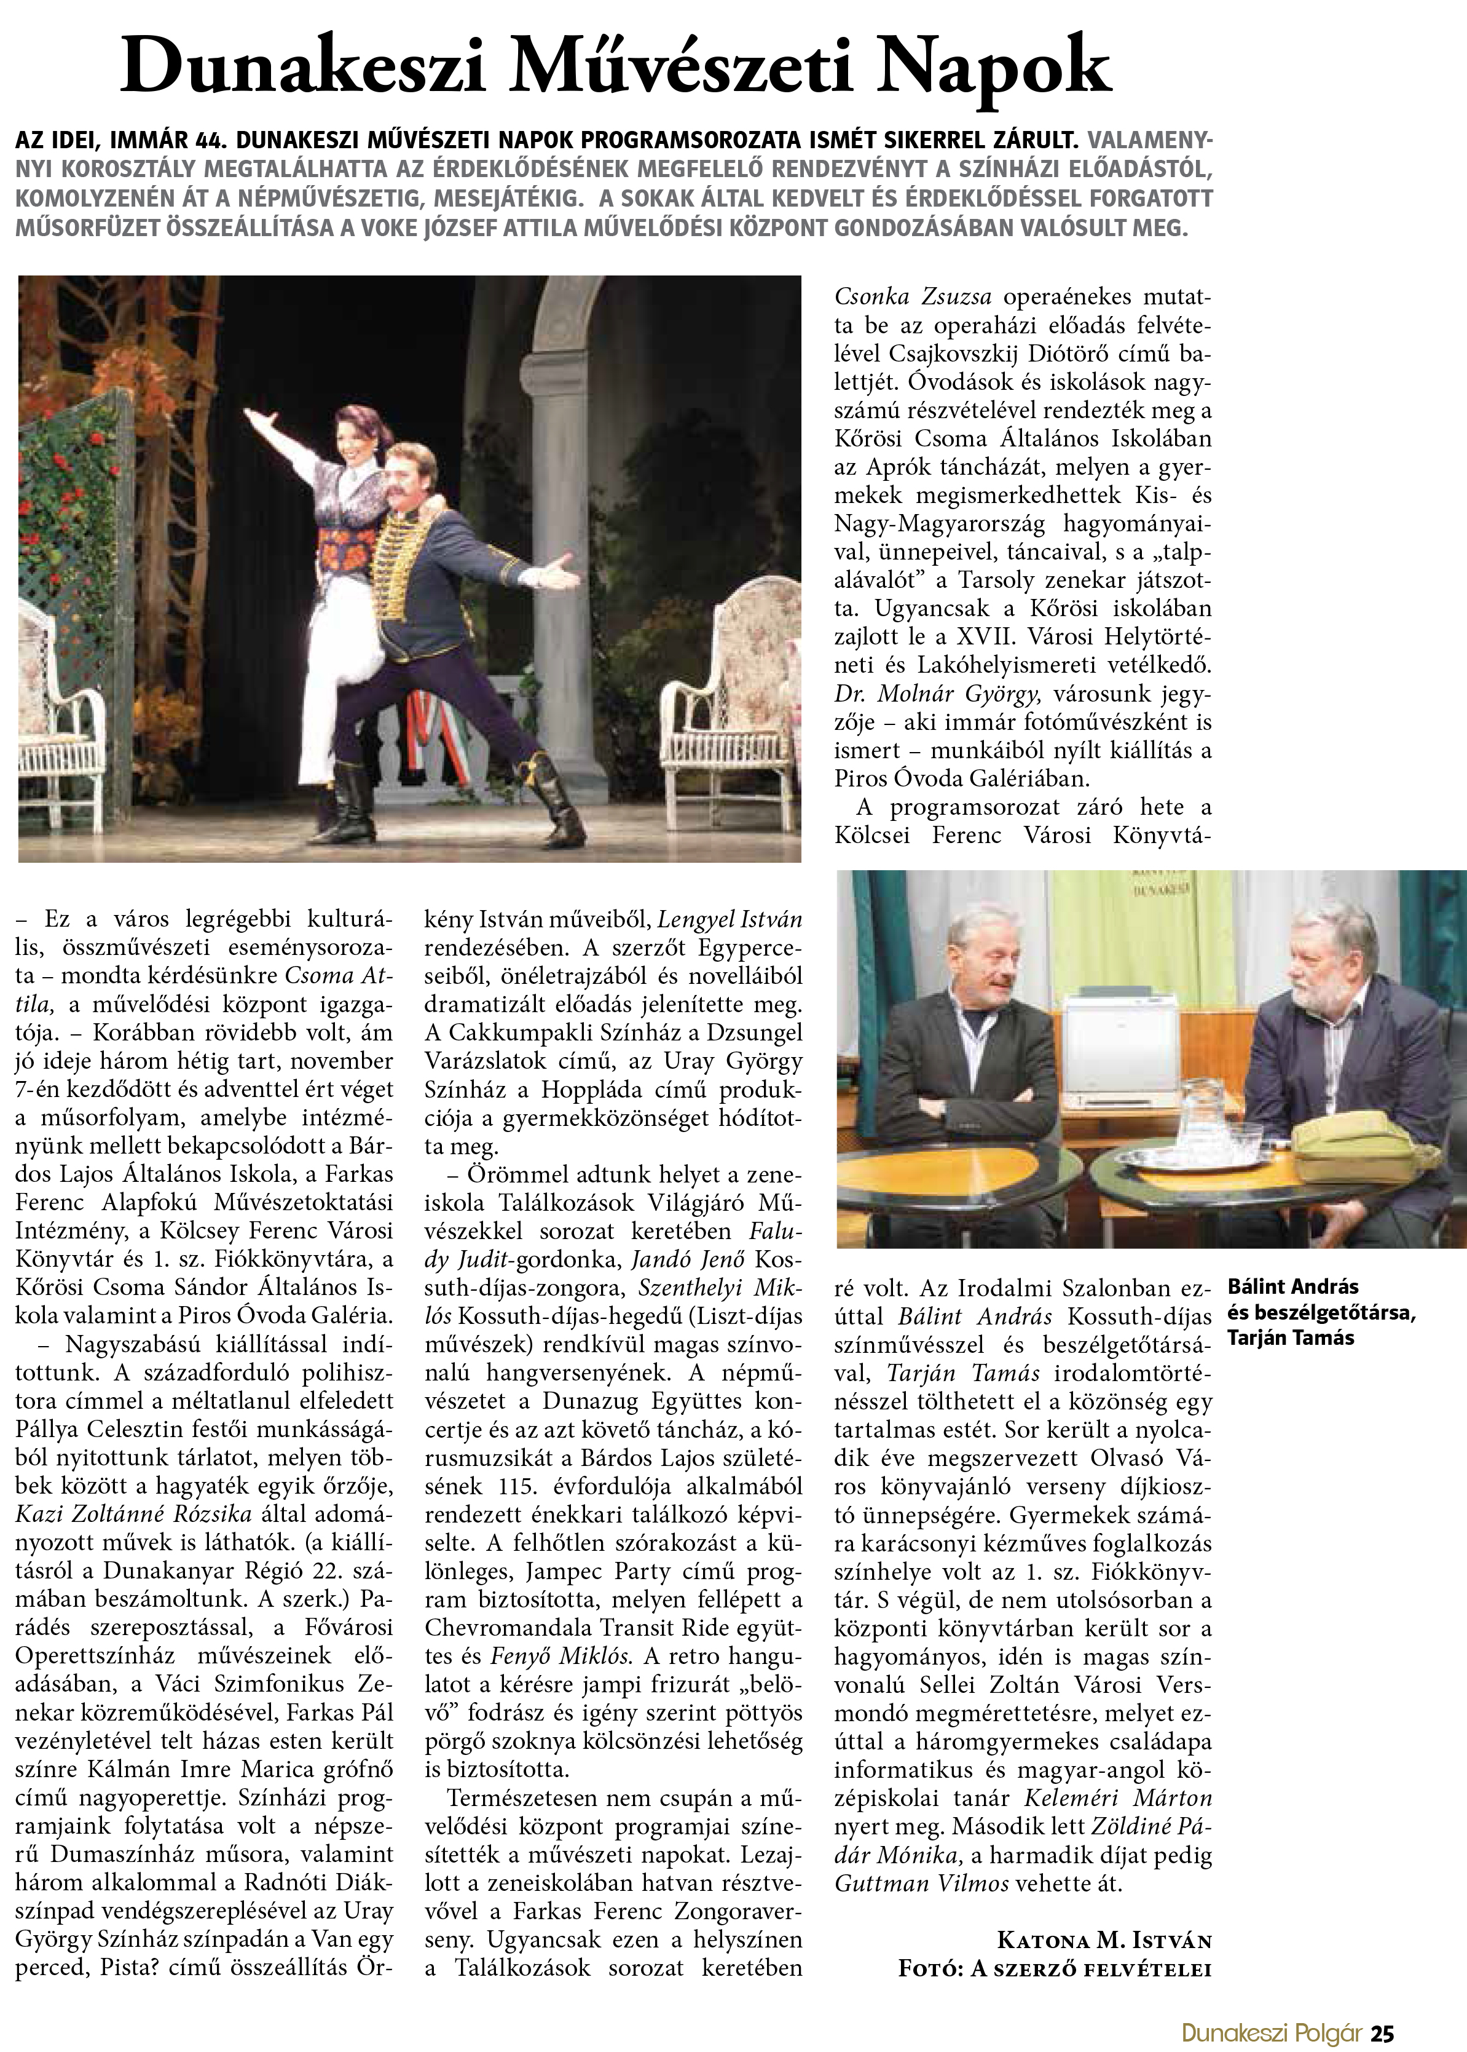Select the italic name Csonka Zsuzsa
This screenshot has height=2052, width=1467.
coord(913,296)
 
